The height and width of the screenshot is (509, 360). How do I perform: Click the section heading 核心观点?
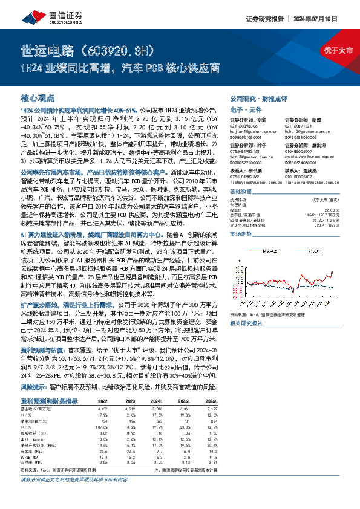coord(38,97)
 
